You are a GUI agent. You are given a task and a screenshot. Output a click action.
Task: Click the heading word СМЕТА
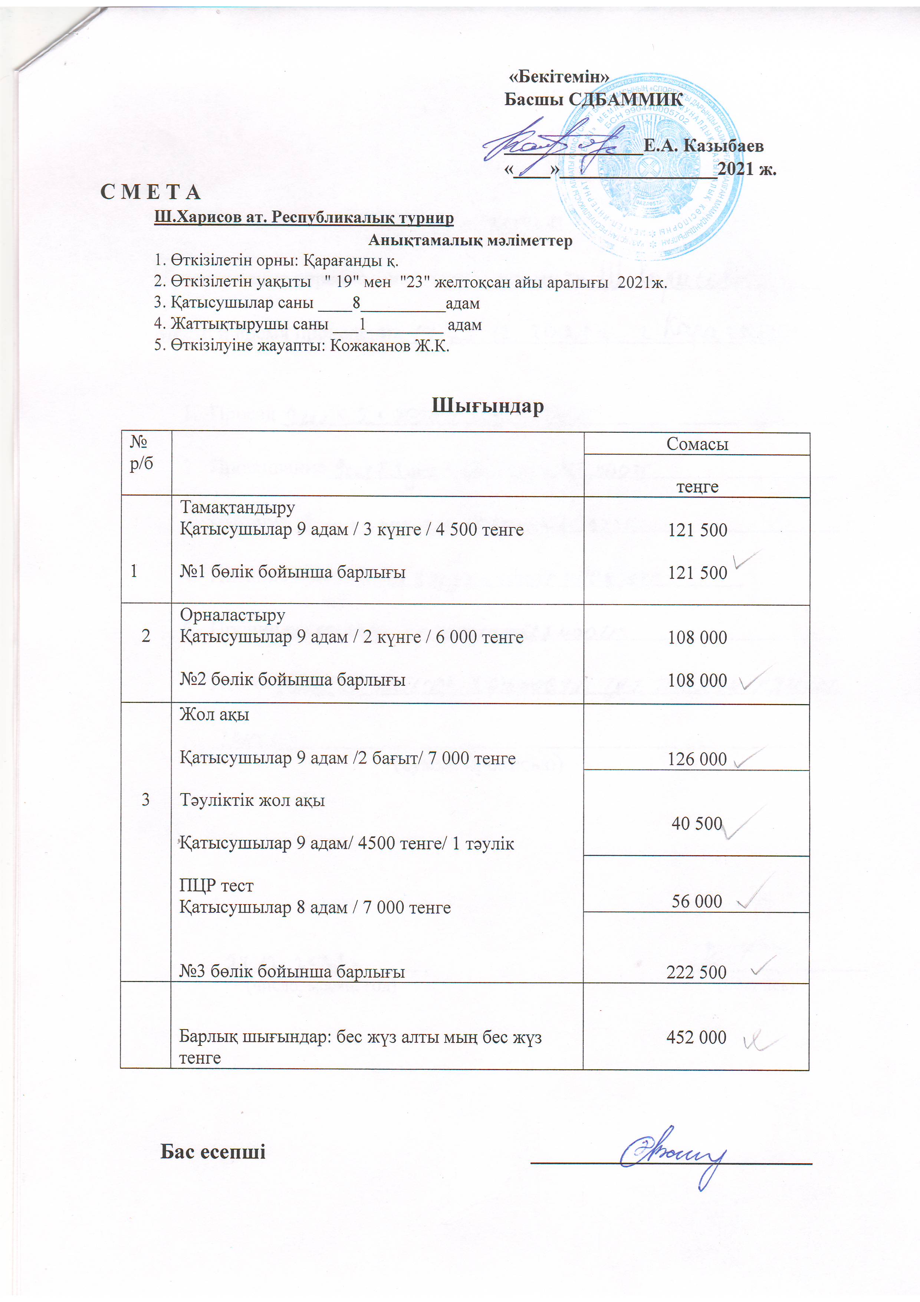coord(150,193)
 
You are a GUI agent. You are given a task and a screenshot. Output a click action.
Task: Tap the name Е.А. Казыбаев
coord(703,146)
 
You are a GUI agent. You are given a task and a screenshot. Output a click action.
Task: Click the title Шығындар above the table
coord(487,406)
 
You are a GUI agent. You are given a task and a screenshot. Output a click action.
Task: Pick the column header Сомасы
coord(697,444)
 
